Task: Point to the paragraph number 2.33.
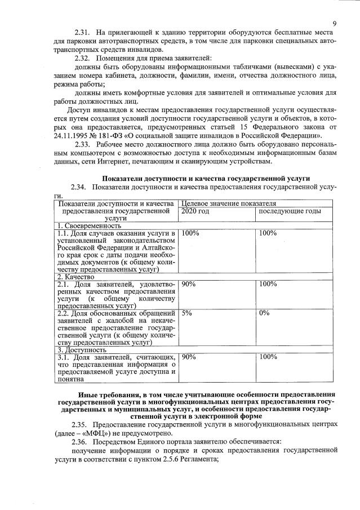tap(83, 144)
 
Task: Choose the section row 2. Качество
tap(75, 277)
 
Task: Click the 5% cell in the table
tap(187, 313)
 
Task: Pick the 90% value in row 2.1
tap(189, 285)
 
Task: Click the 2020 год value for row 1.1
tap(190, 233)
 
